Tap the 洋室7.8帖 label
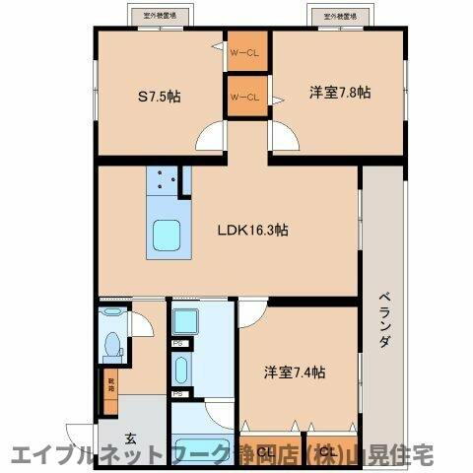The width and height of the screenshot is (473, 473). (x=340, y=93)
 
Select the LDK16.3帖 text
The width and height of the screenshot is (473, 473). (x=252, y=231)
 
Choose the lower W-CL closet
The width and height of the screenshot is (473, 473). (x=244, y=97)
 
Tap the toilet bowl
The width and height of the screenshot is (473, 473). (x=112, y=345)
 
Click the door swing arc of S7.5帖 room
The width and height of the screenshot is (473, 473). (x=210, y=138)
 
